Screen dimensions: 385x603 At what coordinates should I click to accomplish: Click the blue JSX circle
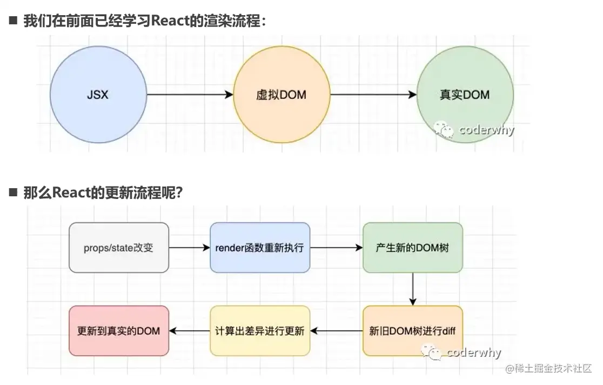point(98,95)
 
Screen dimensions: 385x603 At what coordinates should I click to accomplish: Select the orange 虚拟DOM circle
point(281,95)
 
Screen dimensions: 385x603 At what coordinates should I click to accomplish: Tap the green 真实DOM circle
point(465,95)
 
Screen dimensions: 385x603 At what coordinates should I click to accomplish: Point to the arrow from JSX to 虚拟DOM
point(189,95)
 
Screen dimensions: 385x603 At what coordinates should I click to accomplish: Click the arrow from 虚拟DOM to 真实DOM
point(373,95)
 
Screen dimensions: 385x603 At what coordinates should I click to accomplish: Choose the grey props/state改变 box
point(119,248)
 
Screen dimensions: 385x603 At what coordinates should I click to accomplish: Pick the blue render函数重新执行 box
point(260,248)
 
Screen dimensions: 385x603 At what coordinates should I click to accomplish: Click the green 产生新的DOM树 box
point(413,248)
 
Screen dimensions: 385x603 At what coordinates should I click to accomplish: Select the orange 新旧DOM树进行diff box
point(413,330)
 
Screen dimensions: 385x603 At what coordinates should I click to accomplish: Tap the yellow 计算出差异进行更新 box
point(260,330)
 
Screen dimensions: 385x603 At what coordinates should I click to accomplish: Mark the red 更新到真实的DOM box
point(119,330)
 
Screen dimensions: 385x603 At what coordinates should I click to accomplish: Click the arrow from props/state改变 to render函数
point(189,248)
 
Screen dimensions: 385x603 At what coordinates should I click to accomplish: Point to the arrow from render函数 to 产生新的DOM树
point(336,248)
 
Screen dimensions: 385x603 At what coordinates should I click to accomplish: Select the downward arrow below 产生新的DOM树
point(413,289)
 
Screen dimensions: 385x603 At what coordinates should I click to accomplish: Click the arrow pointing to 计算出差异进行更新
point(336,330)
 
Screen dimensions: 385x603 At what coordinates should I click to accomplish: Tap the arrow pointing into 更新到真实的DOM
point(189,330)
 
